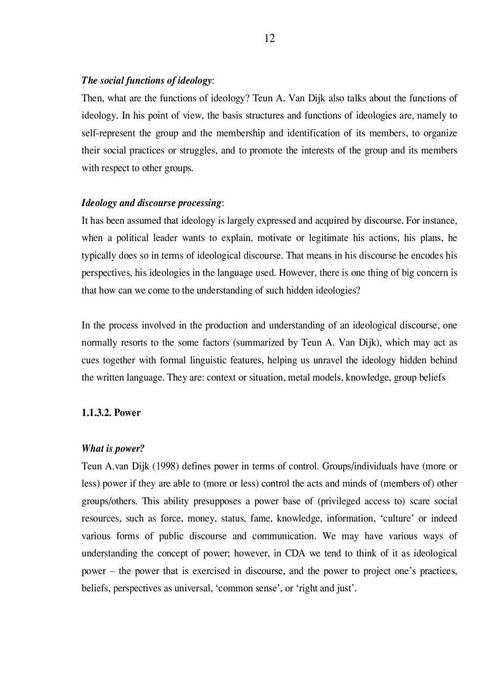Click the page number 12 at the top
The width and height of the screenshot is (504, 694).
coord(269,38)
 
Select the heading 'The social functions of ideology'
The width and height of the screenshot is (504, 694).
coord(146,81)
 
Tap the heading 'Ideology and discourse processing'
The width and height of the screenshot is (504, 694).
coord(151,203)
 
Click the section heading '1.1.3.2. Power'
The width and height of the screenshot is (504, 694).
coord(111,412)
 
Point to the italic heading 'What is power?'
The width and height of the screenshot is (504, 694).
coord(112,449)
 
